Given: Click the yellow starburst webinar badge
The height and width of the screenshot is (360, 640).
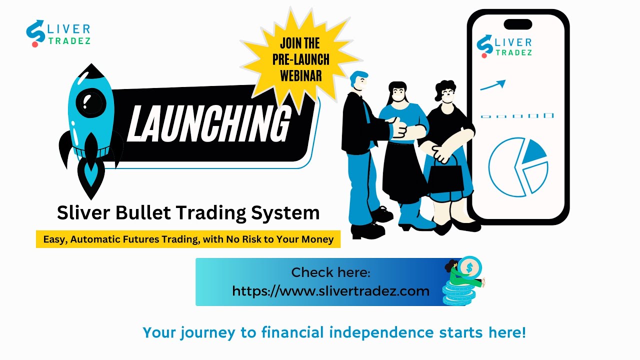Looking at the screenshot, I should coord(300,59).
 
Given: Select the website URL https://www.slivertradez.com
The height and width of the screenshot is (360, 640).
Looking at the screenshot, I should coord(330,290).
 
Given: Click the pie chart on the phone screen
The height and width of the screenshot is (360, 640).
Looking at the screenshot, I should coord(518,165).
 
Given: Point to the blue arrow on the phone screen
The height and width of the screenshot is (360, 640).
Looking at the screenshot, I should coord(493,85).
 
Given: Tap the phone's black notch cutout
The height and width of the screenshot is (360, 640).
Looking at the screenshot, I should coord(517,24).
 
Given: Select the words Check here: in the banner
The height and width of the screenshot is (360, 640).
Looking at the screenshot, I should coord(330,272).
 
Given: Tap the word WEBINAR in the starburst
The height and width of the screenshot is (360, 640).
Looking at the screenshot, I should coord(300,75).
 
